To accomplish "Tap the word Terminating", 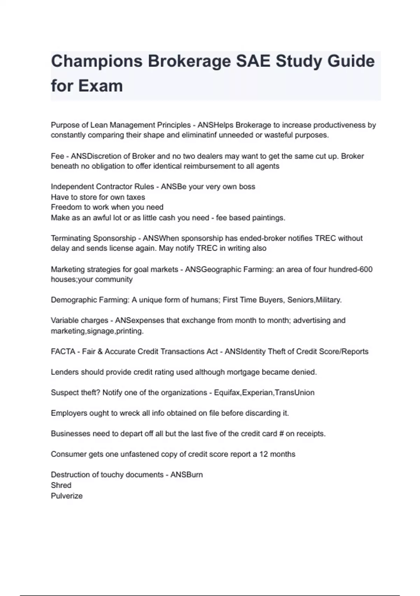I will (71, 238).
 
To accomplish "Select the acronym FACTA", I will (63, 352).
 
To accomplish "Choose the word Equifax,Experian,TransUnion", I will (264, 393).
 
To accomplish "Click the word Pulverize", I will (66, 496).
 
